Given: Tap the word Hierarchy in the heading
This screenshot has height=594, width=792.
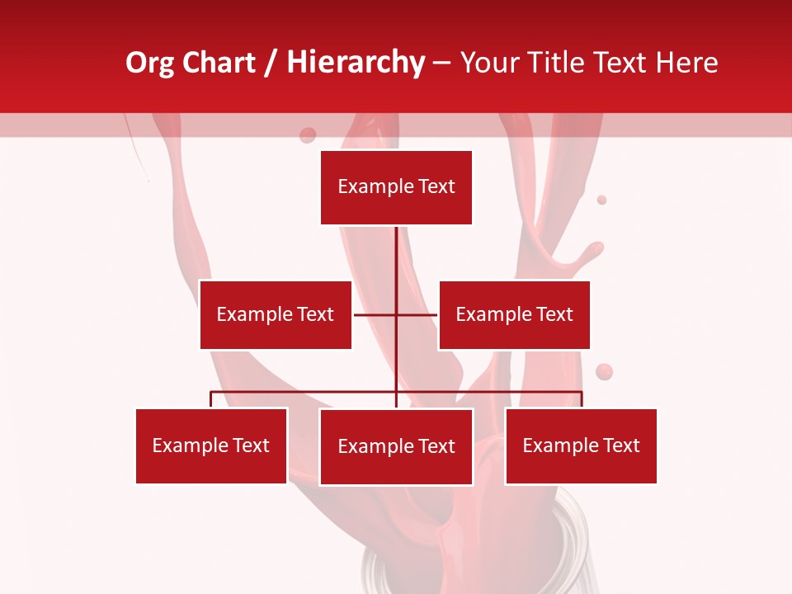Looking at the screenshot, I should (x=356, y=64).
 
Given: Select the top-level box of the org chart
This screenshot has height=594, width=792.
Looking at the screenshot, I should (x=396, y=187).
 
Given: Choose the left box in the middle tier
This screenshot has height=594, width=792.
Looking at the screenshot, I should (x=276, y=314).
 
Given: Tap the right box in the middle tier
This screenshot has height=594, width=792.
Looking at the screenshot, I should (x=514, y=314).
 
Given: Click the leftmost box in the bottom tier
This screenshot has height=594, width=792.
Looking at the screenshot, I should (x=211, y=445).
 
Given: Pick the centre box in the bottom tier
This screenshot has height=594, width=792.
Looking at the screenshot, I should (x=396, y=446).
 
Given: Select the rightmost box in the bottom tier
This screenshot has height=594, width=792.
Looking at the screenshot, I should (x=581, y=445).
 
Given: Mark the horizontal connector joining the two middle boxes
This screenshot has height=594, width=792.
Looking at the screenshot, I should (x=375, y=314).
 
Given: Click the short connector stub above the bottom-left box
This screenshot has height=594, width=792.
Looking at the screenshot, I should (x=211, y=399).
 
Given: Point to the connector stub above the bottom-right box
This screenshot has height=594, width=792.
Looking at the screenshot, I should (x=582, y=399).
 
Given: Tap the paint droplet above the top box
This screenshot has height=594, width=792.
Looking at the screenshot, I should (x=308, y=135).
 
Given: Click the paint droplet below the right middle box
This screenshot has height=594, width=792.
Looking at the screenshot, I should (x=604, y=372).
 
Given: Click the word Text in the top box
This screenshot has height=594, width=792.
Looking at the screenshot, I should (x=436, y=186).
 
